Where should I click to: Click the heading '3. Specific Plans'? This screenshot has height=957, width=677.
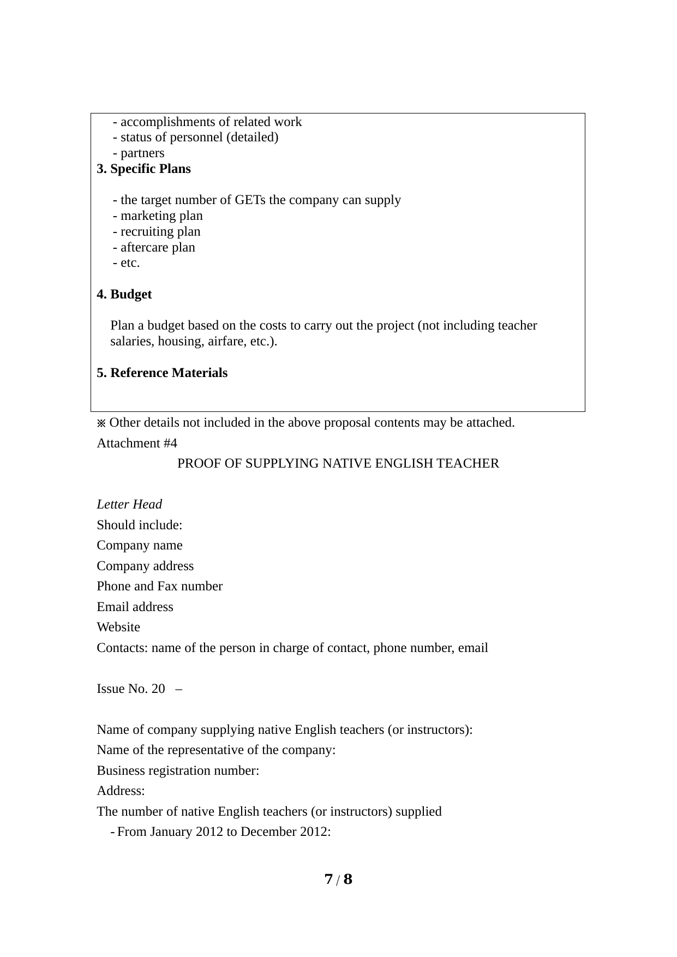[x=143, y=169]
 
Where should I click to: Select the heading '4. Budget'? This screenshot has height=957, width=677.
[x=124, y=295]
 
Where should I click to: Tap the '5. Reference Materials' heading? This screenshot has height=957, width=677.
[x=162, y=373]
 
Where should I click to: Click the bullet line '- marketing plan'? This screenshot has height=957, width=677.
[x=158, y=216]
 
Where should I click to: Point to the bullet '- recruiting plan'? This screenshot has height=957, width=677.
[x=157, y=232]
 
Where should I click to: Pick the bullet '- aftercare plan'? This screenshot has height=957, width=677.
[x=154, y=248]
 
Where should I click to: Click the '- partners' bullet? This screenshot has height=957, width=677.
[x=139, y=153]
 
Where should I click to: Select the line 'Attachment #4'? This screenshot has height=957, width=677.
[x=137, y=444]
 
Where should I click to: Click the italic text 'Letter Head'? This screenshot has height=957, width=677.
[x=129, y=505]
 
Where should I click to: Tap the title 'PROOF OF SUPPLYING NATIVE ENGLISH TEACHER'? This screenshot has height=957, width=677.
[x=338, y=464]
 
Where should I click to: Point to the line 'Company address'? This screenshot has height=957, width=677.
[x=145, y=566]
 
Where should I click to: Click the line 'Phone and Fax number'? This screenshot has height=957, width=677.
[x=159, y=587]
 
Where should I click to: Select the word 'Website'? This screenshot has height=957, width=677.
[x=118, y=627]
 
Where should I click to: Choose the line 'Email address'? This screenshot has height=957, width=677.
[x=135, y=607]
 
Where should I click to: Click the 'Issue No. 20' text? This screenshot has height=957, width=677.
[x=130, y=689]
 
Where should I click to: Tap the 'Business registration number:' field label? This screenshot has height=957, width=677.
[x=178, y=771]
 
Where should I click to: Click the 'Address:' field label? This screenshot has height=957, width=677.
[x=121, y=791]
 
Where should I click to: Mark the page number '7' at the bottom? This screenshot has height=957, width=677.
[x=328, y=880]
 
